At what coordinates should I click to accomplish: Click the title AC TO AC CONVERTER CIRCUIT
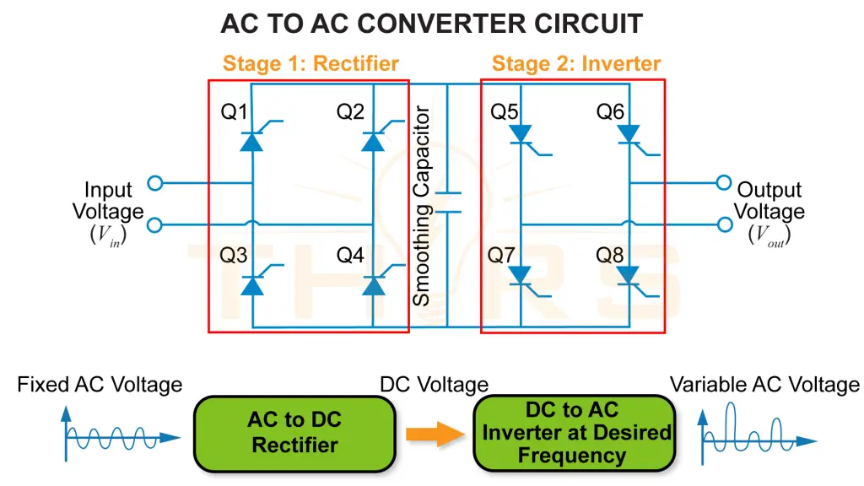tap(431, 23)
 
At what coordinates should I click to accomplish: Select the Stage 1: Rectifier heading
tap(310, 63)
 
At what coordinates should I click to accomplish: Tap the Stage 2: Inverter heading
tap(576, 63)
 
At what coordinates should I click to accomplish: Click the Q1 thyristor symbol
tap(252, 140)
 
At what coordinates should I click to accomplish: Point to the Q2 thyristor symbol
tap(373, 140)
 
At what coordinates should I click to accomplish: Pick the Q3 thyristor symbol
tap(252, 285)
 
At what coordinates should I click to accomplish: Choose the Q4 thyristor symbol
tap(373, 285)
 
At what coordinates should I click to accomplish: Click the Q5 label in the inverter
tap(504, 111)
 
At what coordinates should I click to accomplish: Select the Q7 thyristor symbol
tap(521, 275)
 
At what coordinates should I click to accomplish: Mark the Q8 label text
tap(610, 255)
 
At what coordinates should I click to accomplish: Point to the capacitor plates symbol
tap(448, 202)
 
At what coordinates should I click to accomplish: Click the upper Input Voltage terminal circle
tap(154, 182)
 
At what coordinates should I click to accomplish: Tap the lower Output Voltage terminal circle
tap(723, 224)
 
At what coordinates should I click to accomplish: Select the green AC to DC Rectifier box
tap(294, 433)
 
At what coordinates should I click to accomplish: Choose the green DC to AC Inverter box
tap(574, 433)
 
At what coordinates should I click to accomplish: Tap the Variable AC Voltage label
tap(764, 386)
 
